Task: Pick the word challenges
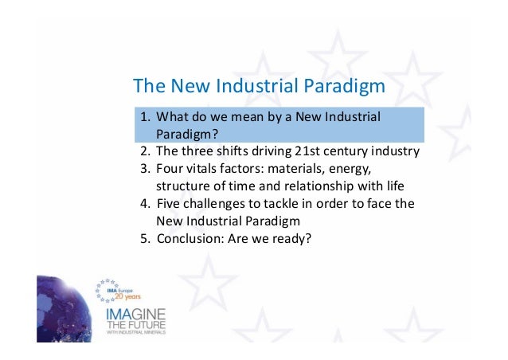point(215,203)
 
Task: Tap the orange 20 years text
point(125,293)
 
